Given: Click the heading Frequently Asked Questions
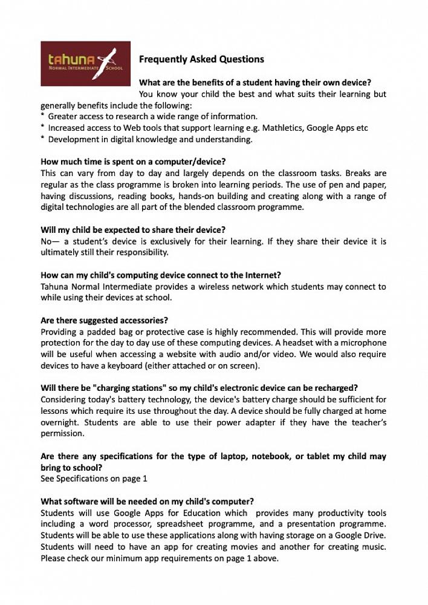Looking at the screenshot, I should [x=201, y=59].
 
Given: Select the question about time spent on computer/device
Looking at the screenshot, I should [x=133, y=162].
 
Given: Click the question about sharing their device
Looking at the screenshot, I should [x=133, y=230].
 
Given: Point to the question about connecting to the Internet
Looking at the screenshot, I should [x=161, y=275].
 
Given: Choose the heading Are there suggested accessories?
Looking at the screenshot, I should [x=104, y=320].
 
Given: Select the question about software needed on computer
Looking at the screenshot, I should [x=147, y=502].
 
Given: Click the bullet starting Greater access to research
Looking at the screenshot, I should [x=152, y=116].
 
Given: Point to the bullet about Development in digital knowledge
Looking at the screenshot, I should [x=150, y=139].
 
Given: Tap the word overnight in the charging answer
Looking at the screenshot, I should [x=59, y=422].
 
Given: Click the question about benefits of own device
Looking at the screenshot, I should [x=255, y=82].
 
